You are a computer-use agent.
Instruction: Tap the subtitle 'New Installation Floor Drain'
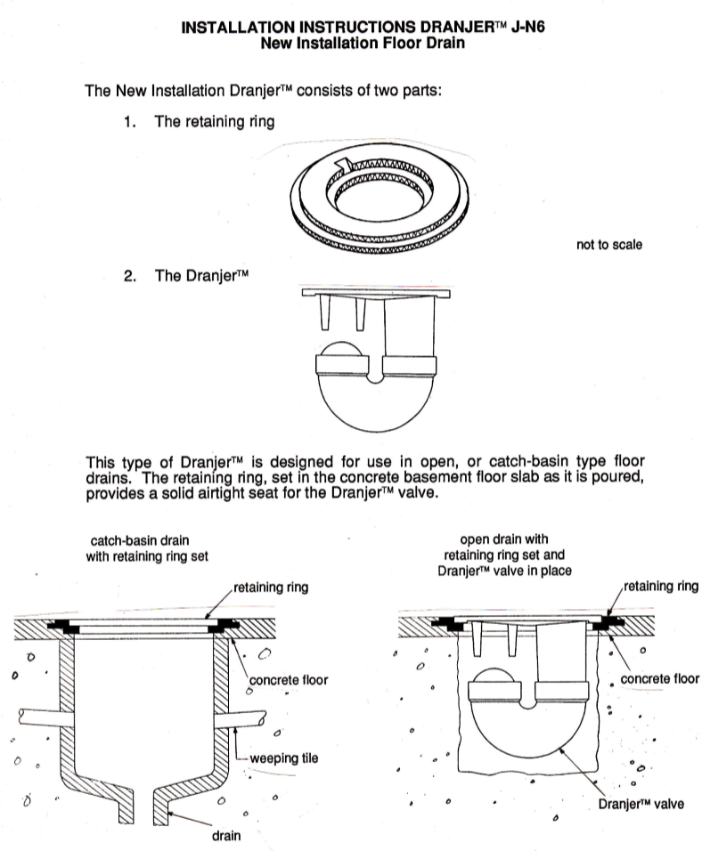(x=367, y=43)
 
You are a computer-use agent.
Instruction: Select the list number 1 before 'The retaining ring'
(x=130, y=122)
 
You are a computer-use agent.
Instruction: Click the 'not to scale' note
(x=609, y=244)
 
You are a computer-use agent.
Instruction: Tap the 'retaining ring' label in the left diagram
(x=271, y=588)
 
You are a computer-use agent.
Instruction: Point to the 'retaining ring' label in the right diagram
(x=661, y=587)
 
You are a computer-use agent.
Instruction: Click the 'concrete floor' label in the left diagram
(x=289, y=680)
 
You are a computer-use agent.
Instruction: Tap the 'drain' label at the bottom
(x=227, y=836)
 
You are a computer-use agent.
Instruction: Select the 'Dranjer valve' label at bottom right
(x=642, y=804)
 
